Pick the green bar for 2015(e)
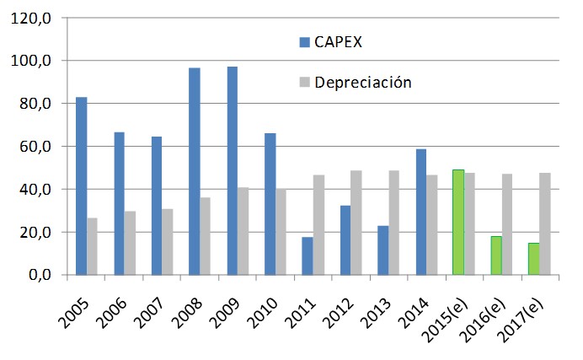[x=458, y=222]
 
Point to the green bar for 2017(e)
[x=534, y=258]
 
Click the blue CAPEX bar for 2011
[x=307, y=255]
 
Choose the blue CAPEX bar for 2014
[x=420, y=212]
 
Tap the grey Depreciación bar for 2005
[x=93, y=246]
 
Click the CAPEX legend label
[x=339, y=42]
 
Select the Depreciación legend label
[x=363, y=83]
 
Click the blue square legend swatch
[x=304, y=42]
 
